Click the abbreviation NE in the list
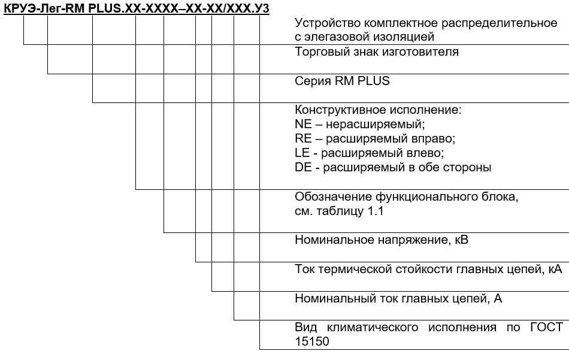(303, 125)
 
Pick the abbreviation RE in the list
(303, 139)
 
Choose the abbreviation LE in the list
(302, 153)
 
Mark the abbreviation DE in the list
(303, 168)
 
